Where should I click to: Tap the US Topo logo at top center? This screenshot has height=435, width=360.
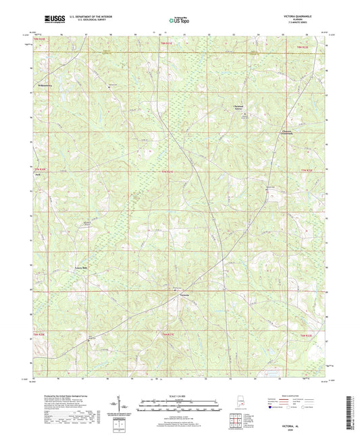pyautogui.click(x=179, y=20)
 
